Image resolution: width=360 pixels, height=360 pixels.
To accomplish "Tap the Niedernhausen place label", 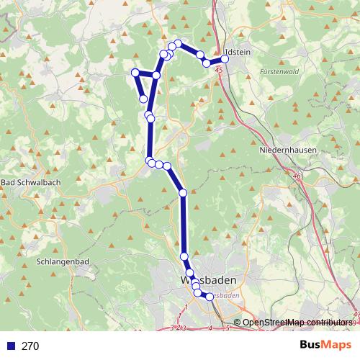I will tap(284, 152).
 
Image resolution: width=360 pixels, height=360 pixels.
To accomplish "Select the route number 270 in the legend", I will tap(30, 346).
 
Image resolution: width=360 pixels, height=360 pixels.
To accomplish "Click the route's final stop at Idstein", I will tap(225, 59).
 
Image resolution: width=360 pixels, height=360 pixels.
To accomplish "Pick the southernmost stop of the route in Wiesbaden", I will tap(210, 297).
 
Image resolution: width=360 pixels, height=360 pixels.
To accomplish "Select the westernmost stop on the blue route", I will tap(135, 71).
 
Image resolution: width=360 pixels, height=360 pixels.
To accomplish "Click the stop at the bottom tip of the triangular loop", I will tap(144, 99).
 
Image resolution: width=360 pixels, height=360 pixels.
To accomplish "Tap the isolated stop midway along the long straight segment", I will tap(183, 193).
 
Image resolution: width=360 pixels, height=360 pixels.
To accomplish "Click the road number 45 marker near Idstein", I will tap(218, 70).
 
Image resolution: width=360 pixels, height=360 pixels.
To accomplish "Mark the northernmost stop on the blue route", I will tap(179, 44).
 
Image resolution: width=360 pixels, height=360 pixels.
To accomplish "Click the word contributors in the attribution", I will tap(328, 323).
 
